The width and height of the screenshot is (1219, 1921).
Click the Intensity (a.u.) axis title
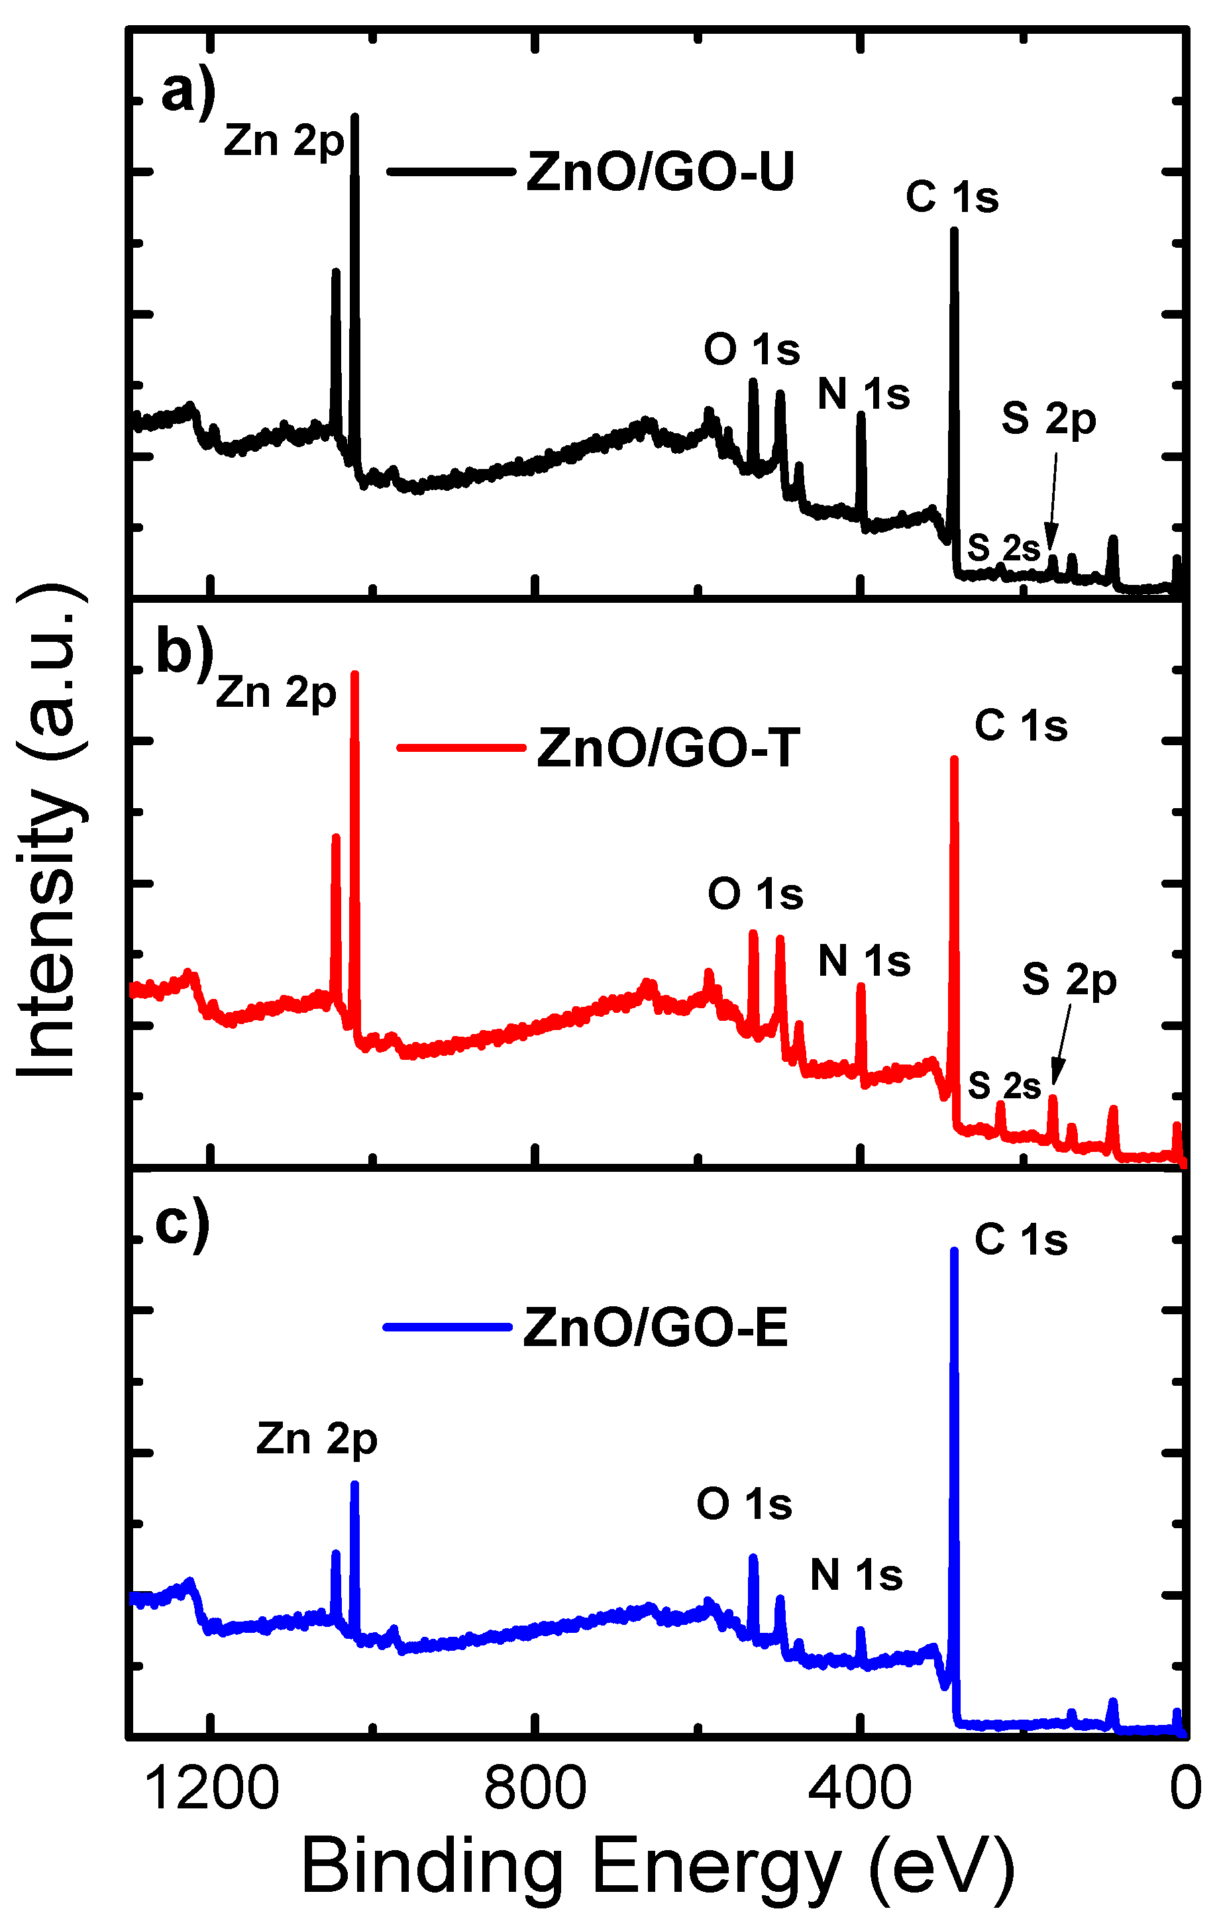tap(50, 829)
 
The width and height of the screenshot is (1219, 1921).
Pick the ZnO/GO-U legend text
tap(661, 172)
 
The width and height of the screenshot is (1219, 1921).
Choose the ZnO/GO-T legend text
tap(668, 749)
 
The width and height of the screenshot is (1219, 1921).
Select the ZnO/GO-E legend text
tap(656, 1327)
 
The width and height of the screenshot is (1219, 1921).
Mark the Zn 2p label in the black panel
tap(284, 142)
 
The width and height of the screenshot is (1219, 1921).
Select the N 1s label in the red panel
tap(864, 960)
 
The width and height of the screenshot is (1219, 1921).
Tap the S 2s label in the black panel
tap(1004, 548)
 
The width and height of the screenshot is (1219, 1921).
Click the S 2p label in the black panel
tap(1048, 419)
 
